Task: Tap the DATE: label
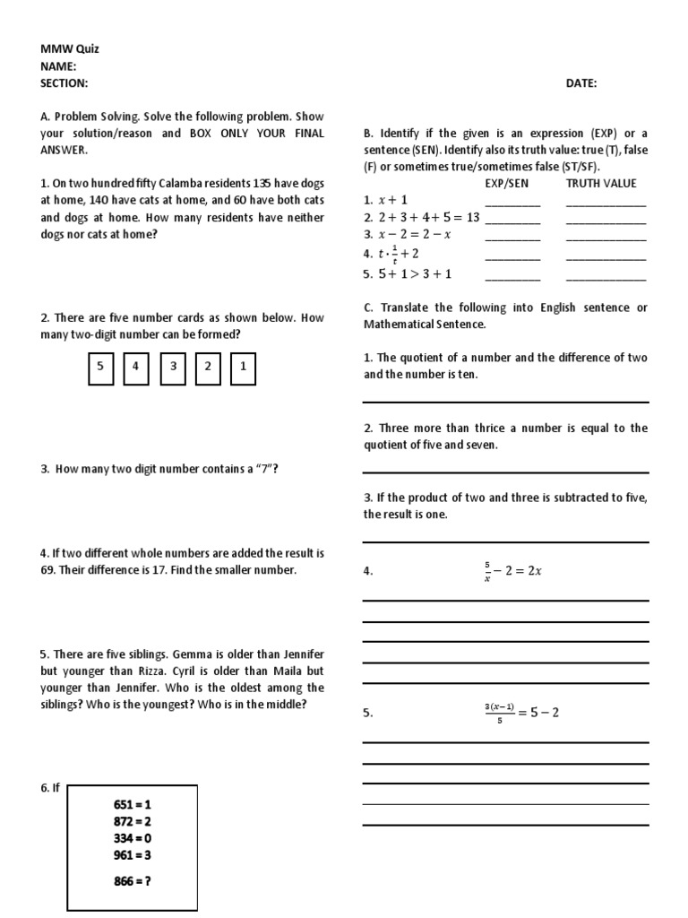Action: click(581, 83)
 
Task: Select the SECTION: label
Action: click(64, 83)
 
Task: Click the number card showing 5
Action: click(100, 368)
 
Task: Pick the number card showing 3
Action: click(173, 368)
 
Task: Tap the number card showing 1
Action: click(243, 368)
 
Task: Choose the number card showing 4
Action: click(135, 368)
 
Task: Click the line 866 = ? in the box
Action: click(133, 880)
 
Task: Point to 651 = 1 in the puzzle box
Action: click(133, 805)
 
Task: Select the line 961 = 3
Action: click(133, 854)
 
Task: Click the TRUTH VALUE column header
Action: click(601, 184)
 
